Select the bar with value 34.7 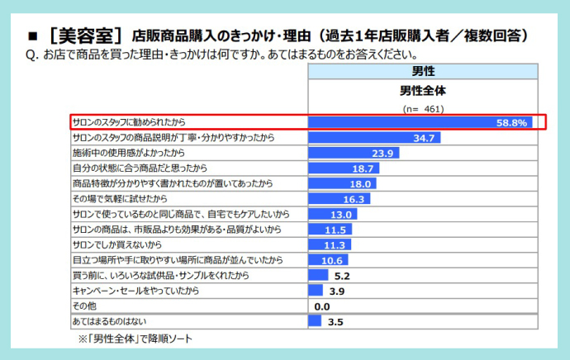[x=373, y=137]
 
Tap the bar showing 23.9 [x=353, y=153]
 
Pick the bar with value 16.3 [x=338, y=199]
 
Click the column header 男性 [x=422, y=73]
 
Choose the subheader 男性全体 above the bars [x=422, y=90]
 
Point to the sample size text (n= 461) [x=423, y=108]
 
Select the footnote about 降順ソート [x=136, y=339]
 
